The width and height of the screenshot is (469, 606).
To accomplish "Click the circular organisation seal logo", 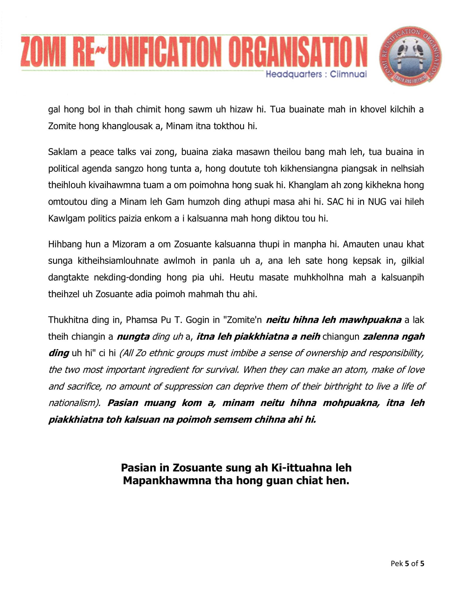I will point(410,56).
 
